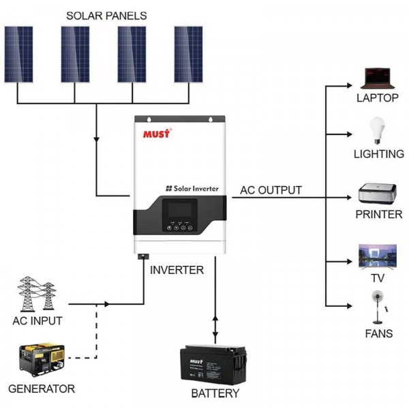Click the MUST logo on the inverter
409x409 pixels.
point(157,132)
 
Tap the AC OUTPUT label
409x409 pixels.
point(271,190)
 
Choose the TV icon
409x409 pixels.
point(377,256)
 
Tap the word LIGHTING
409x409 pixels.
point(378,154)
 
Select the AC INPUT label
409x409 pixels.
point(37,320)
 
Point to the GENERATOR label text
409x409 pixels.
point(41,389)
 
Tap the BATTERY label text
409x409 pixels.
point(215,393)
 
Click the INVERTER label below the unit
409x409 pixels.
point(177,270)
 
